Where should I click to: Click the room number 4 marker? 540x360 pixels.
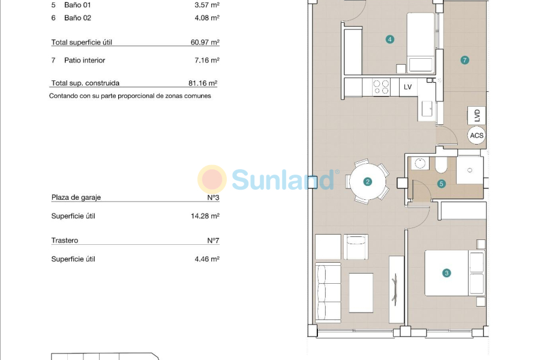390,40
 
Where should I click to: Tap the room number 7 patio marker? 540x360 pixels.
464,60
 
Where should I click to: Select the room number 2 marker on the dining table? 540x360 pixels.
368,181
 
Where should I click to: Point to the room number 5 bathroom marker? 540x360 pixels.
442,184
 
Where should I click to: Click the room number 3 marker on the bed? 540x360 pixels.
446,273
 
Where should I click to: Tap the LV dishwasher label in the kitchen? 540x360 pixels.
408,87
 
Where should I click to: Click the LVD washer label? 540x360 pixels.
477,115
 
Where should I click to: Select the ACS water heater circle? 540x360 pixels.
476,136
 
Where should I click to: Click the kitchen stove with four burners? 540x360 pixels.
381,88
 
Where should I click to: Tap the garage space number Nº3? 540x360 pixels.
212,197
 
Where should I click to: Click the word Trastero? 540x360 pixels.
65,241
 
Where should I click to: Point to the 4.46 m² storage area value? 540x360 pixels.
207,259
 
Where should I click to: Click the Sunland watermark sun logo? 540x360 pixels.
212,179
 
